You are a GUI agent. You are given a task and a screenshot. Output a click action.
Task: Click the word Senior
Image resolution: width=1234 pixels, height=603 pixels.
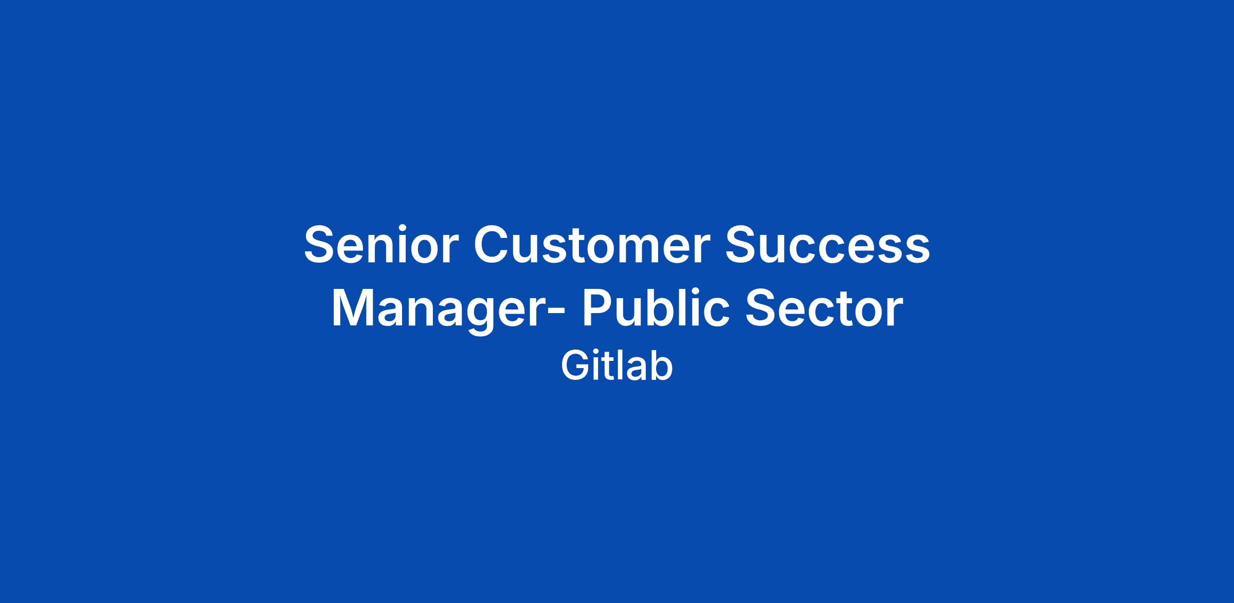[381, 245]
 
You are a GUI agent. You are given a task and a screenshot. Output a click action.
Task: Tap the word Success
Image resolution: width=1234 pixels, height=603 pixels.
[828, 245]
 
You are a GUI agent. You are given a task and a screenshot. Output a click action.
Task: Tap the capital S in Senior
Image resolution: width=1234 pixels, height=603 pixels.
[321, 245]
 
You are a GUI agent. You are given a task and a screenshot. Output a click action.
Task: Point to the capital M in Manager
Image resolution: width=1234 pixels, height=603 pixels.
[355, 308]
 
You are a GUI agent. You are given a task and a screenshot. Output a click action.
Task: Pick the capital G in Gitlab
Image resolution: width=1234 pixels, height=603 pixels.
[575, 366]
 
